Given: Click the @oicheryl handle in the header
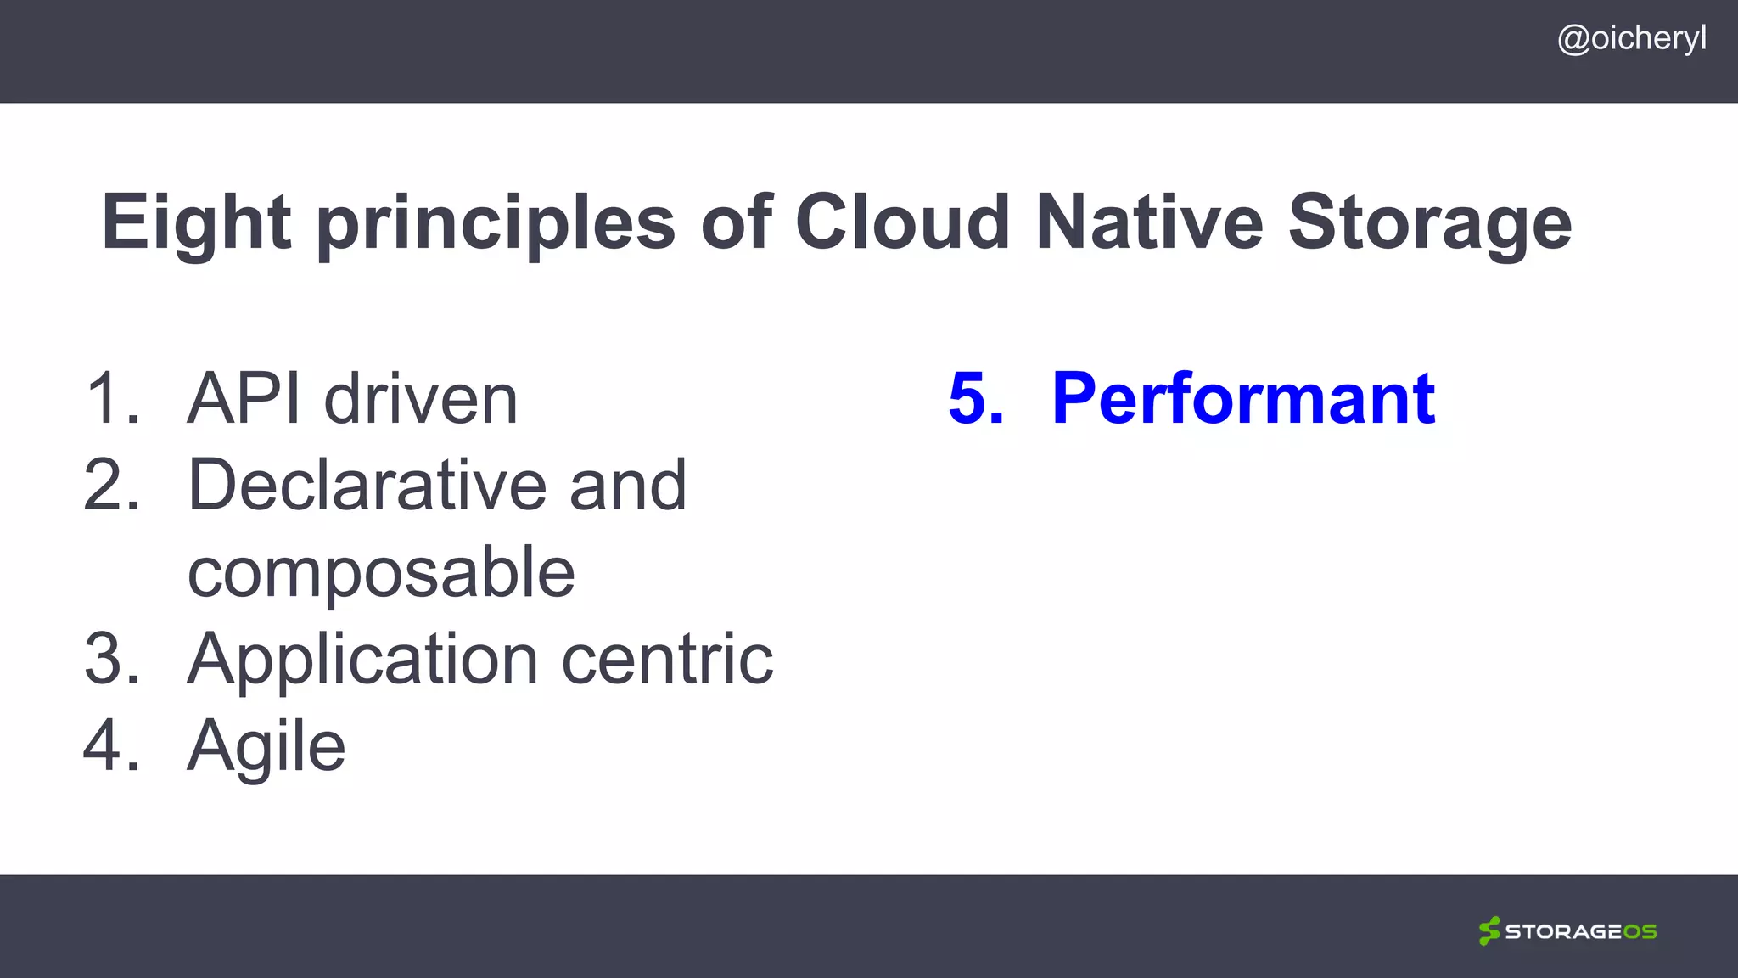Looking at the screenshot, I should tap(1631, 39).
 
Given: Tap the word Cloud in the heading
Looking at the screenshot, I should tap(902, 222).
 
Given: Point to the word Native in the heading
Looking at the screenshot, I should tap(1150, 222).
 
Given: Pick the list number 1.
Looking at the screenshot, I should tap(110, 398).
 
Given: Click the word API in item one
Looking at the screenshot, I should tap(243, 398).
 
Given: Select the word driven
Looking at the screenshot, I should tap(421, 398).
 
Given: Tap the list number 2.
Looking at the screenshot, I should tap(110, 485).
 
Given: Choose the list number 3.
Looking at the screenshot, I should tap(110, 659).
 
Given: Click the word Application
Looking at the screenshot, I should tap(362, 660).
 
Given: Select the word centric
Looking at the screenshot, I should tap(667, 659).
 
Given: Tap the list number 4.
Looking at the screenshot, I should tap(110, 745).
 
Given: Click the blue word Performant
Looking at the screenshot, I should tap(1243, 398).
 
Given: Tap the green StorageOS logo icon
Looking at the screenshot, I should tap(1489, 930).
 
